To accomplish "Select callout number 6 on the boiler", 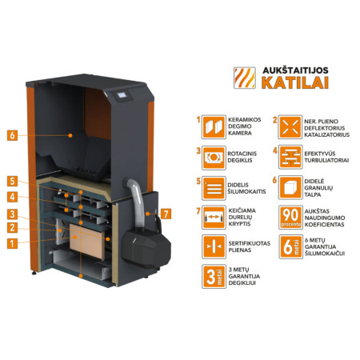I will point(13,134).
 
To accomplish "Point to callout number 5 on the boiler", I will point(13,181).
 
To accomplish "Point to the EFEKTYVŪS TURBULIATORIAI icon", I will point(291,156).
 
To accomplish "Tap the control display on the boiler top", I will point(122,98).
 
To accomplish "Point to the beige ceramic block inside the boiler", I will point(86,239).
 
